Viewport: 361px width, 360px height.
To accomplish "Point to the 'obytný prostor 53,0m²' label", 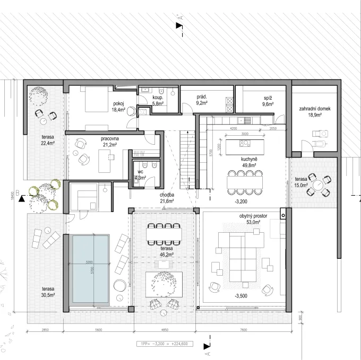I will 250,219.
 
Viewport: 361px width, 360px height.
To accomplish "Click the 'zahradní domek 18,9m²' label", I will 315,111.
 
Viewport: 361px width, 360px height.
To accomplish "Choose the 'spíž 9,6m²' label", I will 268,102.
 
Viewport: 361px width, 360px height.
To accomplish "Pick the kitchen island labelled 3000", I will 245,145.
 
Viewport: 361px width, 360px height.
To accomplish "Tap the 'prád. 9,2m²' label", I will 201,100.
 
